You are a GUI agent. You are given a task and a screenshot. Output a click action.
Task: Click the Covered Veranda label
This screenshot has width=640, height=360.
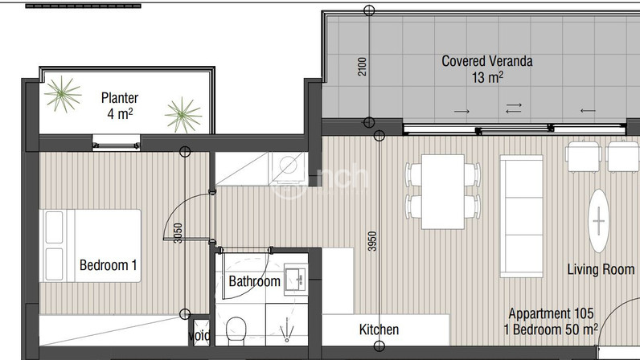click(487, 61)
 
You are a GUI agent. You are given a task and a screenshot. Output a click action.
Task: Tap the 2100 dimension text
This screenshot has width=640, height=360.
click(362, 66)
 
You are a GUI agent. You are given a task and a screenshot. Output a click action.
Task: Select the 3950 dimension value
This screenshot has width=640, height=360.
click(371, 241)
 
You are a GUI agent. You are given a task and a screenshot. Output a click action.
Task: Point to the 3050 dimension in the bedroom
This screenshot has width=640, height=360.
click(178, 233)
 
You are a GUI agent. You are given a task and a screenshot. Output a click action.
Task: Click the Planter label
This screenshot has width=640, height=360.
click(120, 98)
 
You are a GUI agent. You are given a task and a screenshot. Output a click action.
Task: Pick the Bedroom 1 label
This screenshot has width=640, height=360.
click(109, 265)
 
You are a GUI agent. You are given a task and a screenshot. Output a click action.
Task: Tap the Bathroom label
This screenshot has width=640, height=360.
click(254, 281)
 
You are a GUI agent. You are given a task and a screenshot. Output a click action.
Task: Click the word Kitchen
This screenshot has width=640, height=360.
click(379, 329)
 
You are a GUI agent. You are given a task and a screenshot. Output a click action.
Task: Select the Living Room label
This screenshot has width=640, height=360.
click(601, 269)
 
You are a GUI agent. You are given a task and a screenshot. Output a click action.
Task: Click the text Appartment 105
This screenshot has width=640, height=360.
click(551, 313)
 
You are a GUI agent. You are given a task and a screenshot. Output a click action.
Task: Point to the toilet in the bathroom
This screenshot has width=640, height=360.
click(236, 329)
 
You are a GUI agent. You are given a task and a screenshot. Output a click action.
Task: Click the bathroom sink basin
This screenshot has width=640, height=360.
click(296, 279)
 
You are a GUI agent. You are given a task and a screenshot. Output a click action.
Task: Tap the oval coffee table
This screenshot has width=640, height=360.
click(599, 221)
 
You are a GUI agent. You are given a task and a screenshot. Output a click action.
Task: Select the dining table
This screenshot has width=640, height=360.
click(443, 192)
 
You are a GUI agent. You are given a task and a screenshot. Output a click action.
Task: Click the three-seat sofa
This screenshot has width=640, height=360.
click(522, 216)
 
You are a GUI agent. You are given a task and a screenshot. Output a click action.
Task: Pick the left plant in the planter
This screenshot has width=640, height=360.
click(63, 94)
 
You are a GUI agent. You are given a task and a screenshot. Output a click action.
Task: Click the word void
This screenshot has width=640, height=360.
click(199, 336)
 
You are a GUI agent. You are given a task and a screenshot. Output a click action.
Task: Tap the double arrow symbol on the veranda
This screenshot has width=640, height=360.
click(514, 108)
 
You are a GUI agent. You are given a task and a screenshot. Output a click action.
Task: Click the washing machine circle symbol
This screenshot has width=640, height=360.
click(289, 166)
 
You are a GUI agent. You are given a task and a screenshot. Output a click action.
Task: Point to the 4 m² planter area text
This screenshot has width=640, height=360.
click(120, 113)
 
